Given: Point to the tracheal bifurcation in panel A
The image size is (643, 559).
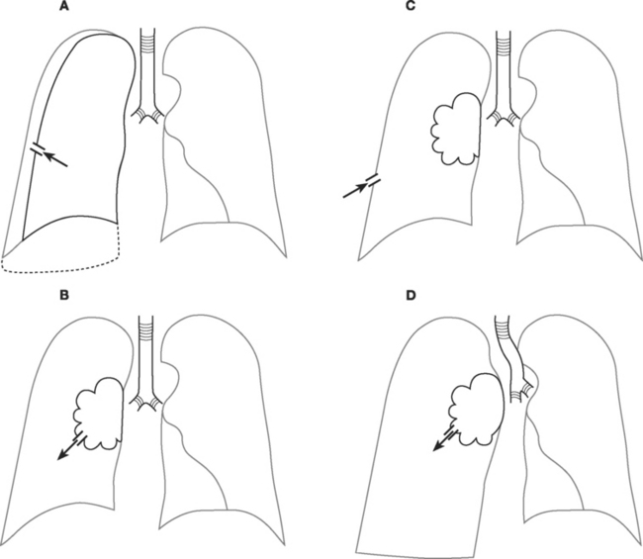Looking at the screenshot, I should (x=149, y=112).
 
